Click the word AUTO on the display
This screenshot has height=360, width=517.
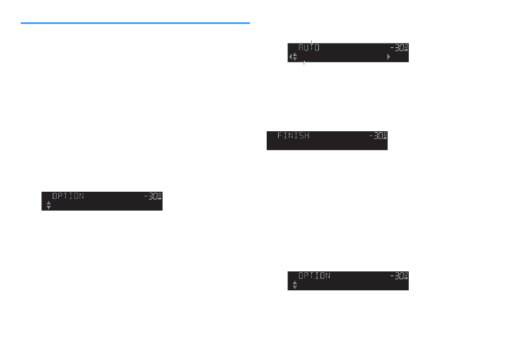[x=309, y=48]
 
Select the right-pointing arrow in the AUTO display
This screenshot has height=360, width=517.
[x=388, y=56]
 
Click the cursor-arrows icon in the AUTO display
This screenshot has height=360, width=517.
[x=294, y=56]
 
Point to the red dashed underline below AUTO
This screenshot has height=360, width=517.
[x=307, y=62]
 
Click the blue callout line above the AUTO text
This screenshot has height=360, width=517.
[x=311, y=41]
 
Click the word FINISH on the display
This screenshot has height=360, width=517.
[x=293, y=136]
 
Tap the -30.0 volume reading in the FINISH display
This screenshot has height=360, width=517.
[x=377, y=136]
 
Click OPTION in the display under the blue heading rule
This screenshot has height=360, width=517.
[x=68, y=196]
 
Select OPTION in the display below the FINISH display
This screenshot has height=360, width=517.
[x=314, y=276]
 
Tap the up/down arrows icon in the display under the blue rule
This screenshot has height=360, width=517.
[x=48, y=205]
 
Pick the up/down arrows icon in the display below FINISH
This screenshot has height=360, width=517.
[x=294, y=285]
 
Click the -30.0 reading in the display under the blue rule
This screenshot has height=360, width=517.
[x=152, y=197]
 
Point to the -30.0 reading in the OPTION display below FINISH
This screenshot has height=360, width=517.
[x=398, y=276]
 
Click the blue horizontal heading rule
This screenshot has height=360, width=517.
[x=135, y=23]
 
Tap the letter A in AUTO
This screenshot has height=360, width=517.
[x=301, y=48]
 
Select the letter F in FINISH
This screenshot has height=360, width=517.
[x=280, y=136]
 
